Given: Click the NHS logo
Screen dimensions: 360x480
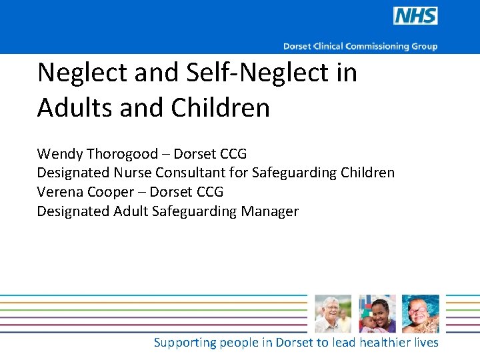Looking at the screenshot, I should point(415,16).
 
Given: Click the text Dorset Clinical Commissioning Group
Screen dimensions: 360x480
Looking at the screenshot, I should point(360,46).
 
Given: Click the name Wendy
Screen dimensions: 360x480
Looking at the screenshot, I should point(59,154).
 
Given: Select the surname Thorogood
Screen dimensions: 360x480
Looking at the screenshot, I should point(122,154).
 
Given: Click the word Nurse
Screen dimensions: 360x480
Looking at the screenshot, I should point(133,173).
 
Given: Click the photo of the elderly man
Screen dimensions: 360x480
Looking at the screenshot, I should point(332,314).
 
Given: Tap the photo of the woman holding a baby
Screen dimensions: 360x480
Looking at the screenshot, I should point(377,314).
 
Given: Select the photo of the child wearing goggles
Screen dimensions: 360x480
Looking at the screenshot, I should point(421,314).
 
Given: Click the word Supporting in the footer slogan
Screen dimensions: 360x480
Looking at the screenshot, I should point(185,343).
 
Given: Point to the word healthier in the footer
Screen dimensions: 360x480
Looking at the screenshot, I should point(385,342).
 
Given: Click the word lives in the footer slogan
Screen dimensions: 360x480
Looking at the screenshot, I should point(427,342).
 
